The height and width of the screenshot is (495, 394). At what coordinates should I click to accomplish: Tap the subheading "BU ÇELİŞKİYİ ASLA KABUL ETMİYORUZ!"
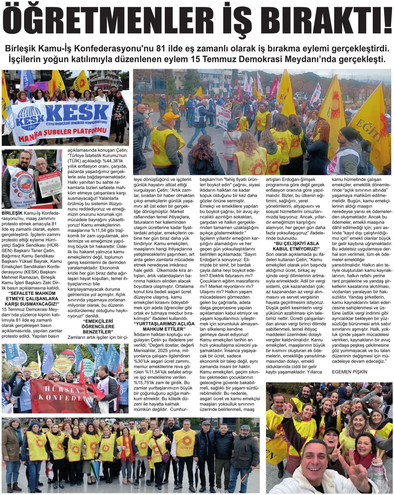click(x=293, y=246)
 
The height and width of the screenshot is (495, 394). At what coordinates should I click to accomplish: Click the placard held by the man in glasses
click(x=49, y=184)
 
